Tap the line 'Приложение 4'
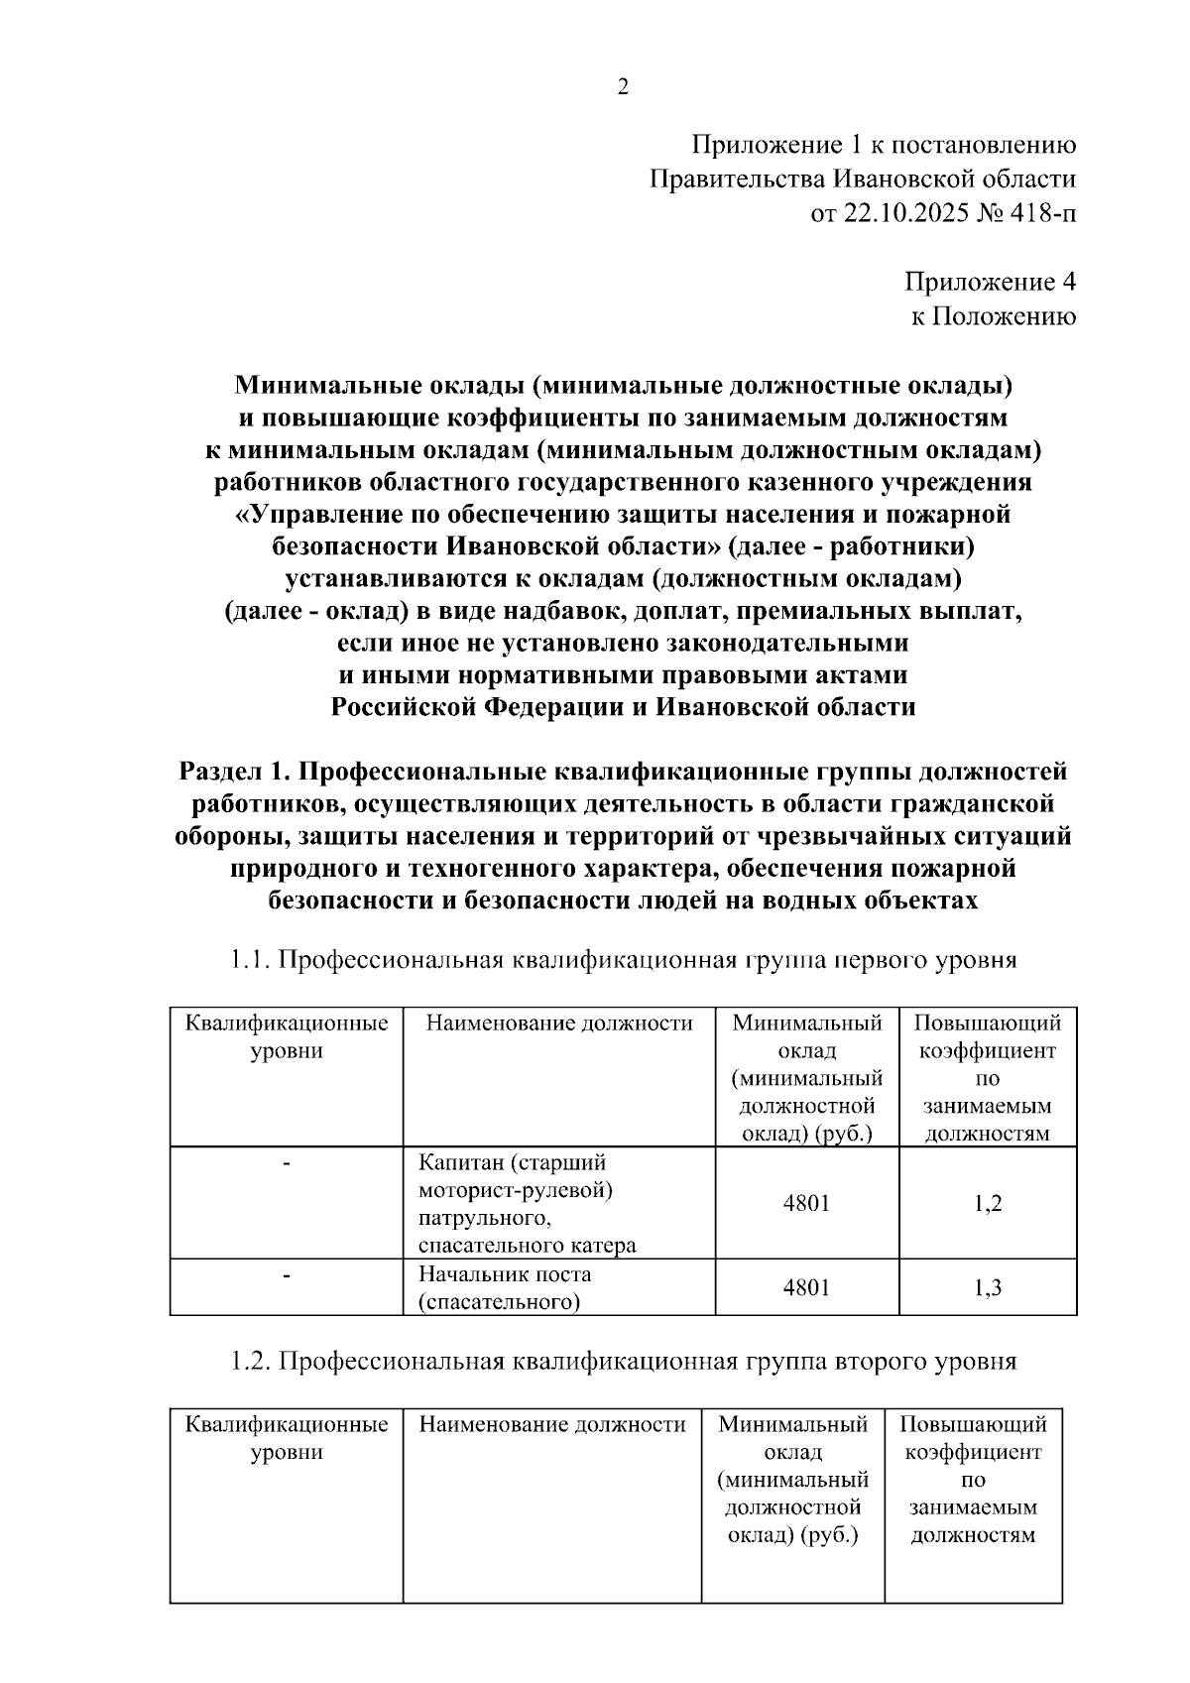(990, 283)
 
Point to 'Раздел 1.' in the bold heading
(234, 772)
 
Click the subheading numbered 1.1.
(623, 960)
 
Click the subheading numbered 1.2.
(623, 1362)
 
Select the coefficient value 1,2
(988, 1204)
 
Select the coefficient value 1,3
(988, 1288)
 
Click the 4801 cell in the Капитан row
(806, 1204)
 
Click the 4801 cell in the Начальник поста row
(806, 1288)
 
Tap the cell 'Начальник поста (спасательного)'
(506, 1288)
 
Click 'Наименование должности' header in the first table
(559, 1023)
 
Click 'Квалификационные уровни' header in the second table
(287, 1439)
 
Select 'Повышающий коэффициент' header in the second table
(973, 1439)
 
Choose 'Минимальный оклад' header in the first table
(806, 1036)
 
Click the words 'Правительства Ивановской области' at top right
(863, 180)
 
